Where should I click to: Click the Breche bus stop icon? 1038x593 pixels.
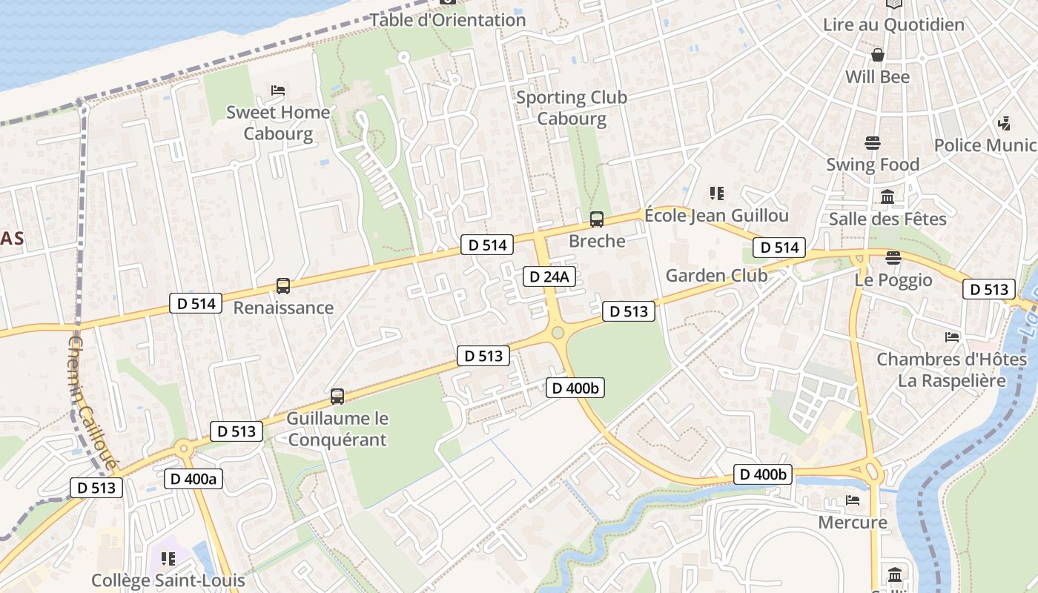click(x=596, y=219)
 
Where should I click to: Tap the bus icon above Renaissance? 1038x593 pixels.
click(x=282, y=285)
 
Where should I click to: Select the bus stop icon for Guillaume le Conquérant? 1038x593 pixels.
click(x=337, y=397)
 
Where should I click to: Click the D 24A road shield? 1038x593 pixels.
click(x=549, y=276)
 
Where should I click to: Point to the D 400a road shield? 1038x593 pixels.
click(x=193, y=479)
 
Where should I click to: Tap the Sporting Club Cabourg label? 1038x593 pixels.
click(x=571, y=107)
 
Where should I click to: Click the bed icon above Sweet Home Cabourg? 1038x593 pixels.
click(x=278, y=90)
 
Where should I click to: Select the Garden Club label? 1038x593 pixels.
click(x=716, y=276)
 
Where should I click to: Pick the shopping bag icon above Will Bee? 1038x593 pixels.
click(x=877, y=55)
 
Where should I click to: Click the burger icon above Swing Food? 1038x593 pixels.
click(x=872, y=143)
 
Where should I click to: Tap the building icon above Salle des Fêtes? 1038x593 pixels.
click(x=887, y=197)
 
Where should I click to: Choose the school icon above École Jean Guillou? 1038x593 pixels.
click(x=716, y=193)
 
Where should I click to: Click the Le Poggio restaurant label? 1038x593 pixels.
click(x=893, y=280)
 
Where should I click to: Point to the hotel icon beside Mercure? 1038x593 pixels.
click(x=853, y=500)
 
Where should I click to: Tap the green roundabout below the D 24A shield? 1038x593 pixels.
click(x=558, y=333)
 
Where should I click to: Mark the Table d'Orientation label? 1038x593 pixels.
click(x=447, y=20)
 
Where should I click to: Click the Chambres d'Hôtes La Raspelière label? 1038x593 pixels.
click(x=951, y=370)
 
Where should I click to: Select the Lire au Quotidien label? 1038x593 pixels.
click(x=893, y=24)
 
